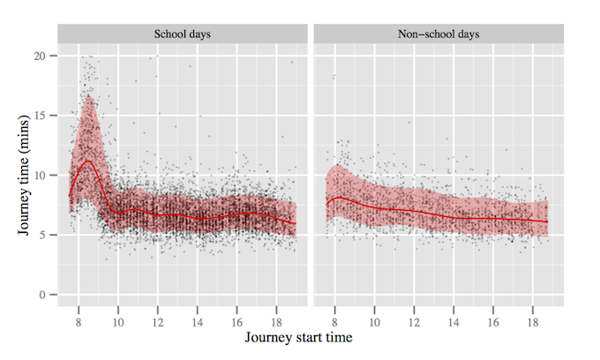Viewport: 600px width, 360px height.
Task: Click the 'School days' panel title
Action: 181,34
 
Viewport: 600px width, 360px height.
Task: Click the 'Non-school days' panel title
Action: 438,34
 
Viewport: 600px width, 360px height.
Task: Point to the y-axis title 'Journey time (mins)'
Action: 24,175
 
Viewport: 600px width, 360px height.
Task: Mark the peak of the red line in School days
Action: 86,161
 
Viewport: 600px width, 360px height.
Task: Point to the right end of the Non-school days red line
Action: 548,221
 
